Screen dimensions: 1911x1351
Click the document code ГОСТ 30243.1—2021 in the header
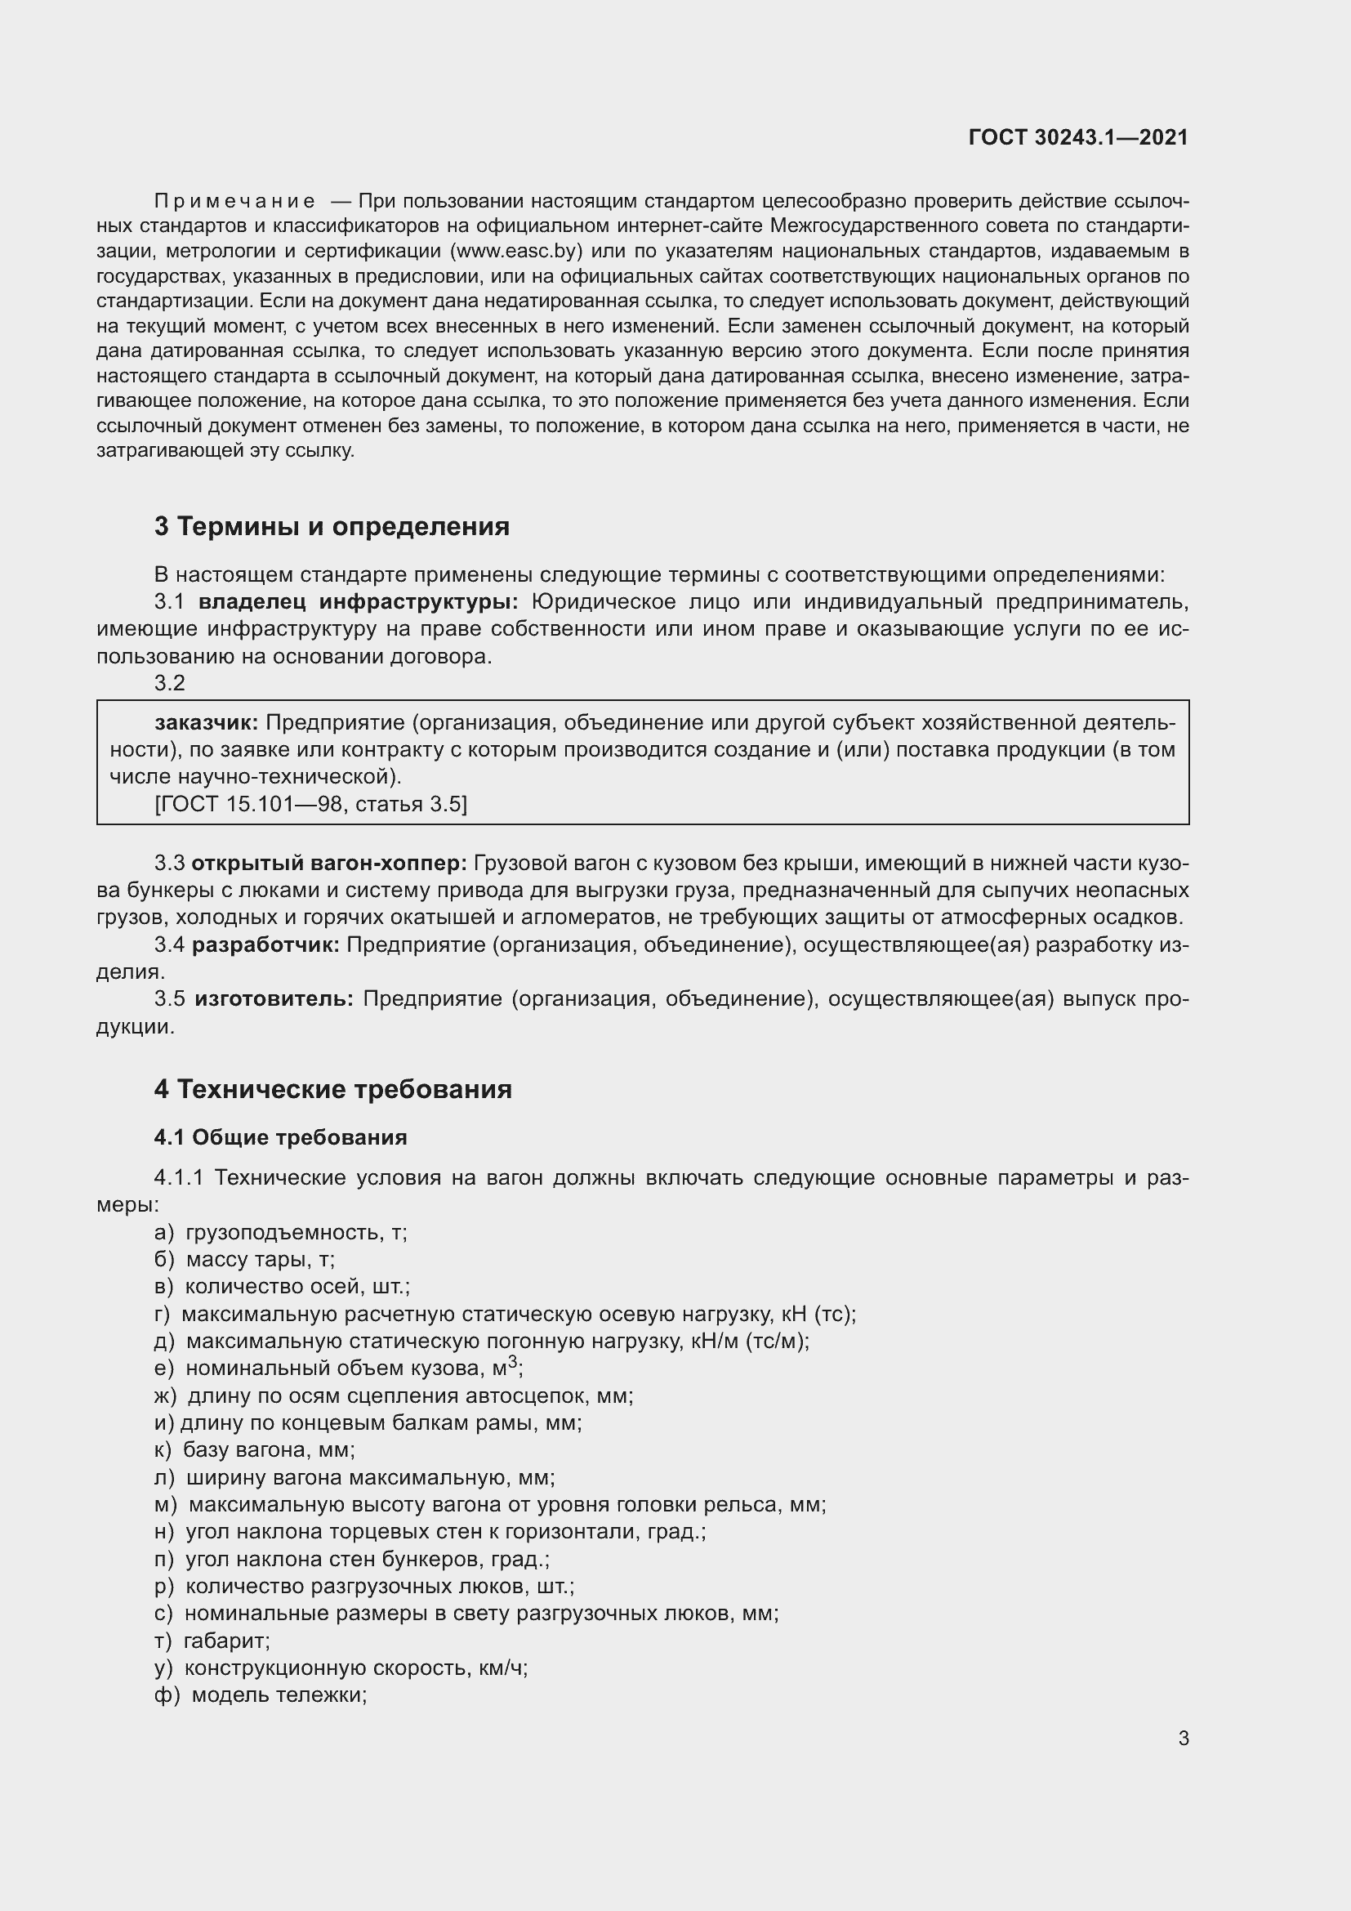pos(1078,137)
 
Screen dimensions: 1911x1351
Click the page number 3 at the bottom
pos(1183,1738)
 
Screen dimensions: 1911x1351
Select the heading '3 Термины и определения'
pos(331,526)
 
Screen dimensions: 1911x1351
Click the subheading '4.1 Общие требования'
pos(280,1137)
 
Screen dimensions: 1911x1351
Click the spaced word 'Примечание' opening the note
pos(234,201)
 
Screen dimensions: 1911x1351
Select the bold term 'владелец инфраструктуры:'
pos(359,601)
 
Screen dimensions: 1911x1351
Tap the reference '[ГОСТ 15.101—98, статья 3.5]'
pos(311,804)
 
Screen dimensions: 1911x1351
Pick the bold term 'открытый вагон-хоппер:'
pos(329,863)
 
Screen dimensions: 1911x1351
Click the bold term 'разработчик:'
pos(265,944)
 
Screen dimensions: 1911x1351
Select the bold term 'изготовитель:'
pos(274,998)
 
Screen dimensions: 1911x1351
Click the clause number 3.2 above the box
pos(170,682)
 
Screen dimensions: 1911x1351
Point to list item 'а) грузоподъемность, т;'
pos(280,1233)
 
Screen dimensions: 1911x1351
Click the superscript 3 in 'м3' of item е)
pos(512,1363)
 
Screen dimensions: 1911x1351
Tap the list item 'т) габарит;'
pos(212,1641)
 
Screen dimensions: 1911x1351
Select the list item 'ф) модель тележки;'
pos(261,1695)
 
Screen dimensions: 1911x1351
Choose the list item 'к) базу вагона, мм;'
pos(255,1450)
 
